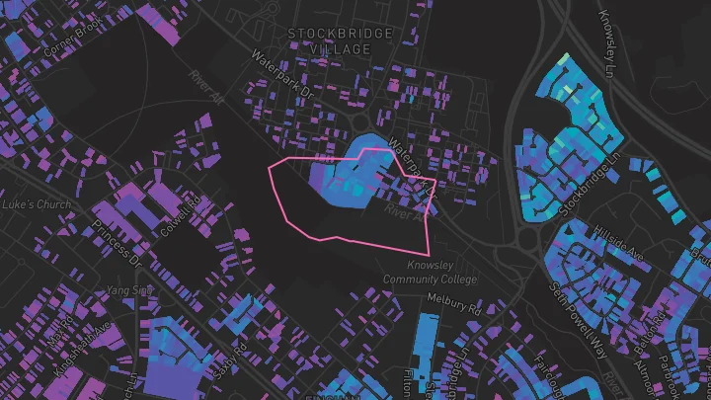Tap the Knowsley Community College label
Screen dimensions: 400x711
(441, 274)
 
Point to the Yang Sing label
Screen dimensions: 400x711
(129, 290)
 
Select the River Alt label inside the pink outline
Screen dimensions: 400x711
(404, 209)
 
